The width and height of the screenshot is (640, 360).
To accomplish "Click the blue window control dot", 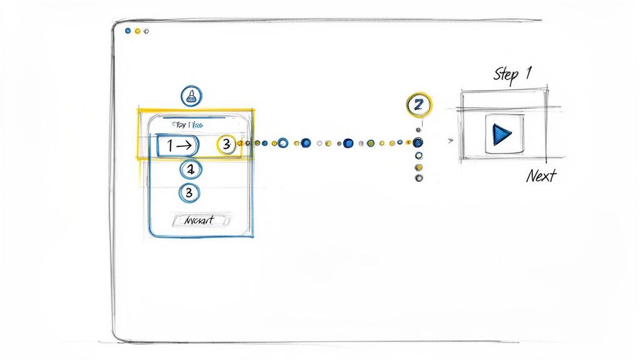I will [x=127, y=30].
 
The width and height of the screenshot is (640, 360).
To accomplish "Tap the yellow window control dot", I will [x=137, y=30].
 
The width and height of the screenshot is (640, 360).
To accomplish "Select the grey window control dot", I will [x=146, y=31].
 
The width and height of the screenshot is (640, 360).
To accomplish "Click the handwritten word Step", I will [x=506, y=75].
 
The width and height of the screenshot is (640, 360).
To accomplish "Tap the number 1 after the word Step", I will [x=529, y=73].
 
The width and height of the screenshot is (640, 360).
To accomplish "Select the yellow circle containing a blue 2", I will [x=418, y=106].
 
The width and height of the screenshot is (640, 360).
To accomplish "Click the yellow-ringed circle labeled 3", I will [x=226, y=145].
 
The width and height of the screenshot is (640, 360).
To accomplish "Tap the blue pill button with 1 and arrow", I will [x=177, y=146].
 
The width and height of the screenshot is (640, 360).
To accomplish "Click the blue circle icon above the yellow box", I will [x=191, y=96].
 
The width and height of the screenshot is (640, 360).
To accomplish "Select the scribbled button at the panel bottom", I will [x=201, y=221].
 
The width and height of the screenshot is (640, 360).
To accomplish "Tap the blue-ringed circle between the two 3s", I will [x=191, y=169].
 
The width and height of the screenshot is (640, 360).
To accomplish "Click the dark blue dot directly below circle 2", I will [x=419, y=142].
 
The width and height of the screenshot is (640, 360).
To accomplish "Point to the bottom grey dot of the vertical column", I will [x=419, y=178].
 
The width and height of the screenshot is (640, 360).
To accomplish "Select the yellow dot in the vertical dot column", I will [x=419, y=167].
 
